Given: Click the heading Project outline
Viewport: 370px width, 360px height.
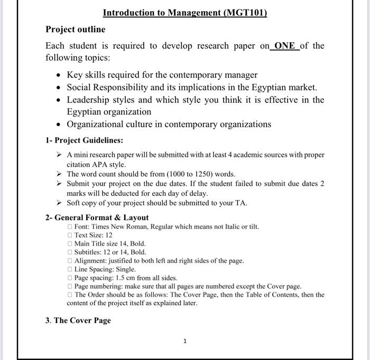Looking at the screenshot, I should tap(75, 29).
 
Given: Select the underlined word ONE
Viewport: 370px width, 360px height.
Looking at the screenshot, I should tap(285, 46).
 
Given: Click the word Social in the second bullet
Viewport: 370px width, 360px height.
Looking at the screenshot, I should tap(80, 87).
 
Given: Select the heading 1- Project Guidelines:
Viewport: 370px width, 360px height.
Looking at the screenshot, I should tap(84, 140).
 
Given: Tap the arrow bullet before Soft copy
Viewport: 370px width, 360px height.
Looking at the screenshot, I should tap(59, 203).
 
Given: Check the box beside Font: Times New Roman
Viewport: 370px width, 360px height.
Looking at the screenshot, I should tap(70, 227).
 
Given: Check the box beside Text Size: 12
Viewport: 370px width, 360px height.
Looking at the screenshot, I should tap(70, 235).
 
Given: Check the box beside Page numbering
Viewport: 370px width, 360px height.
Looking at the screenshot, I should tap(70, 286).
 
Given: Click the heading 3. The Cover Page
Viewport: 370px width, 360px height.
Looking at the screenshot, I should tap(78, 320).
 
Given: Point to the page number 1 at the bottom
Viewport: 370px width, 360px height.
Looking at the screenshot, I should tap(184, 342).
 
